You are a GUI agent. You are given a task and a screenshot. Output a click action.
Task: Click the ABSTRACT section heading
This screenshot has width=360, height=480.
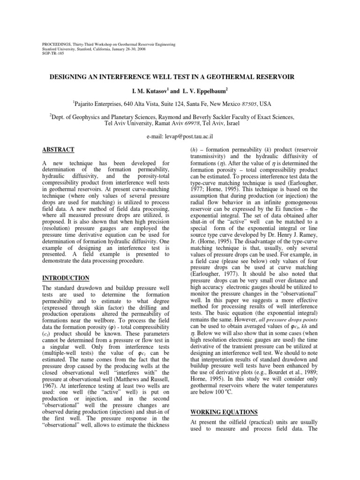click(58, 150)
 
